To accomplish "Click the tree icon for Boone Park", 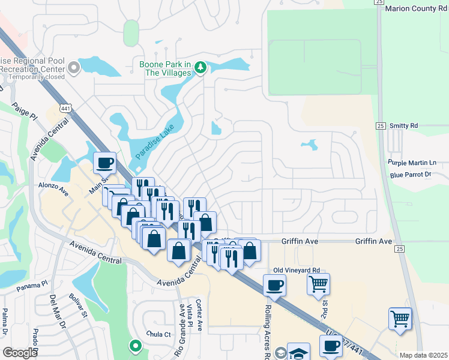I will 200,68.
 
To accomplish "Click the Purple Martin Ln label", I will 411,163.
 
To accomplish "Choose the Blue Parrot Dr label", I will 411,175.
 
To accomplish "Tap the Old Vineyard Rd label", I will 297,271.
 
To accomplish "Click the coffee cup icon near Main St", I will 104,163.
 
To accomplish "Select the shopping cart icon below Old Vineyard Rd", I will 318,283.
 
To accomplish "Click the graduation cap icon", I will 298,352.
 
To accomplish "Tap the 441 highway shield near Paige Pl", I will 65,108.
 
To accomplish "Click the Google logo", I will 20,353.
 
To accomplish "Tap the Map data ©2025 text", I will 423,355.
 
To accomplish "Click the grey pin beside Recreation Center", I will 74,68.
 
